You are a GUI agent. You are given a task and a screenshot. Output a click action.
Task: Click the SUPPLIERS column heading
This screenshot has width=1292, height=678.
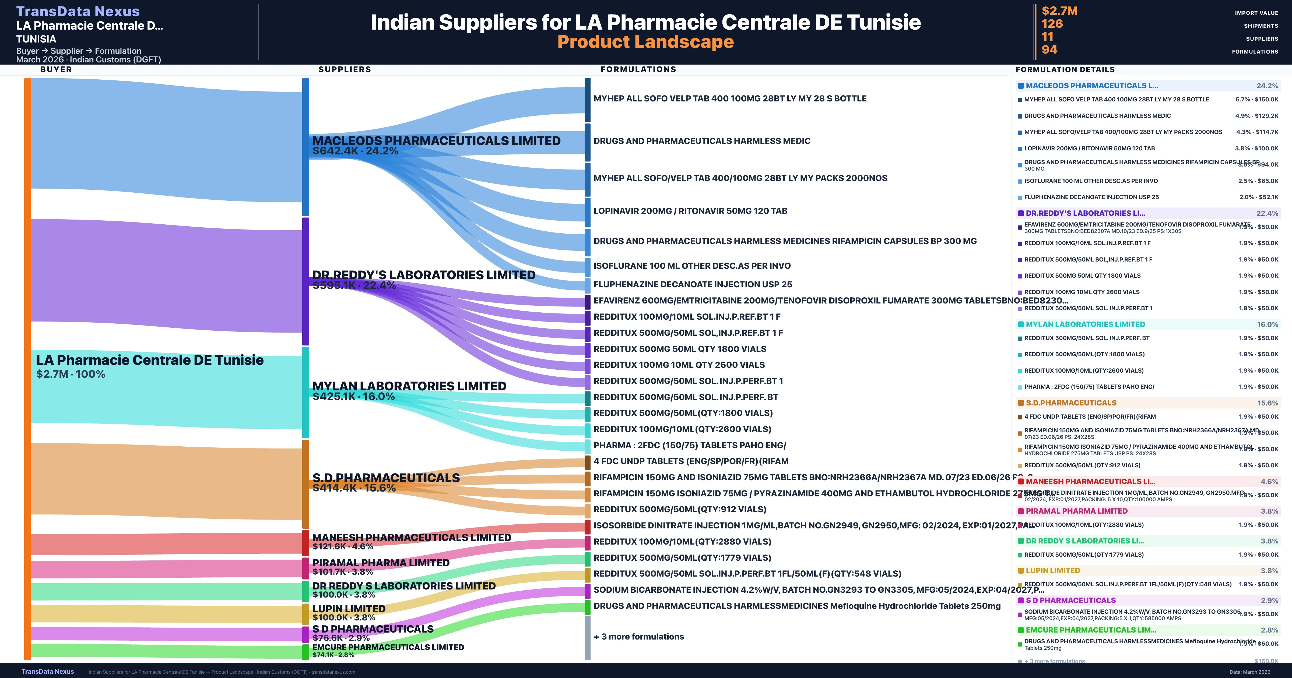(345, 69)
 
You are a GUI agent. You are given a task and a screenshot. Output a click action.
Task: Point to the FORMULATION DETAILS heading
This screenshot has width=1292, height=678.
(1065, 69)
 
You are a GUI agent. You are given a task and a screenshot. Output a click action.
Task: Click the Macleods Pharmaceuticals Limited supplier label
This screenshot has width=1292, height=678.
(436, 141)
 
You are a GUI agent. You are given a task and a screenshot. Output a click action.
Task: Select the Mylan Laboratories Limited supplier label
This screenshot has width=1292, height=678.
(409, 386)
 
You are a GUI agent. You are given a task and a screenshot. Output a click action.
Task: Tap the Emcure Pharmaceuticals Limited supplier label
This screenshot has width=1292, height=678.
(388, 647)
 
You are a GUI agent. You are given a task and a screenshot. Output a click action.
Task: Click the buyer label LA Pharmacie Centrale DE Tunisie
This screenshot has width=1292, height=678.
(149, 360)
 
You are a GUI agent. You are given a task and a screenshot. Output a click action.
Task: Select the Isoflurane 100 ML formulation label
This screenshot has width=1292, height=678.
(692, 266)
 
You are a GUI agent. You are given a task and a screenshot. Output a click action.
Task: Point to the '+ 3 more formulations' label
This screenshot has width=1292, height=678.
(638, 636)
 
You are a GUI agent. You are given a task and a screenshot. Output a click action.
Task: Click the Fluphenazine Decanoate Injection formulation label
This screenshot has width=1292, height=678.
(693, 284)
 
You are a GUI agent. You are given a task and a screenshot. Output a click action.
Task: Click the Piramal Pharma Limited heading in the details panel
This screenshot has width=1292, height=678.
(1076, 511)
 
